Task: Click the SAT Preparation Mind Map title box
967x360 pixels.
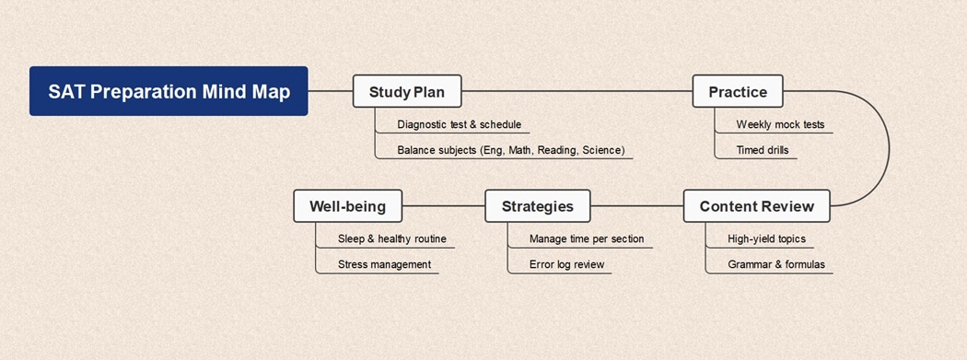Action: click(x=169, y=91)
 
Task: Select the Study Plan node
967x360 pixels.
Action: click(x=406, y=91)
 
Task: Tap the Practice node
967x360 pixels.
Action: click(x=737, y=91)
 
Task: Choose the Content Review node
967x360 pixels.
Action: click(x=755, y=206)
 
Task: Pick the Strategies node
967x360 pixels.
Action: click(x=537, y=206)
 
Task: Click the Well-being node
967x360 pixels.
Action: click(x=347, y=206)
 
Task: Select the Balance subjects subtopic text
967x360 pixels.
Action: click(x=510, y=150)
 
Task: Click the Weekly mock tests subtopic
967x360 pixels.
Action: click(x=780, y=124)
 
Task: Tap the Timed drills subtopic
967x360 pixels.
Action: click(x=762, y=150)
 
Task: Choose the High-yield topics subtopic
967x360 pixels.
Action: click(x=766, y=239)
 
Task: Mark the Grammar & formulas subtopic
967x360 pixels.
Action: click(x=775, y=265)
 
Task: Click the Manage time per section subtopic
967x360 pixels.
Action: click(x=586, y=239)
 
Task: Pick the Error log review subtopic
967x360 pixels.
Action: click(x=566, y=265)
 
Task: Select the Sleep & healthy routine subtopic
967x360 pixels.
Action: click(x=391, y=239)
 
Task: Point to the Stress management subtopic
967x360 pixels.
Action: click(x=384, y=265)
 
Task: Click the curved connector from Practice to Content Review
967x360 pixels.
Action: click(x=887, y=147)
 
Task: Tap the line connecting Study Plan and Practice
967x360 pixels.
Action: click(x=576, y=91)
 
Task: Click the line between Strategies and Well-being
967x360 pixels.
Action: click(x=443, y=206)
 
